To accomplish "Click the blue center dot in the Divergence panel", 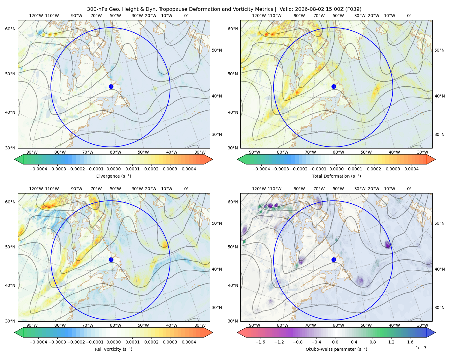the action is (x=111, y=87).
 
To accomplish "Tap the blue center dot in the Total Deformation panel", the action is (x=334, y=87).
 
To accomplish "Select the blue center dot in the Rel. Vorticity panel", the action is (x=111, y=259).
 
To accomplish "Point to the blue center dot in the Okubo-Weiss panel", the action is (x=334, y=259).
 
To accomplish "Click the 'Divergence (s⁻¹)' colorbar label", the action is (x=113, y=176).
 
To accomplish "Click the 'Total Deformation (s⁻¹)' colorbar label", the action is (x=336, y=176).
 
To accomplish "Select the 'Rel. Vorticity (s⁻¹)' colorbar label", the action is (x=113, y=349).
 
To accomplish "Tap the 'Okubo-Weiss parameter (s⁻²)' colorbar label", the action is (x=336, y=349).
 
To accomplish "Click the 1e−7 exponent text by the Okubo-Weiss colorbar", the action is (x=421, y=348).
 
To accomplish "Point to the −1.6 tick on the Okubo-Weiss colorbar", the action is (x=260, y=342).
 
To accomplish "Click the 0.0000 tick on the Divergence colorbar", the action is (x=113, y=169).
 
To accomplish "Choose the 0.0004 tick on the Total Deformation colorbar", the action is (x=411, y=169).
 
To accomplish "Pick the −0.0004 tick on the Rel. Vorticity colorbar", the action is (x=38, y=342).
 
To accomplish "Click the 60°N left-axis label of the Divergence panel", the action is (x=10, y=29).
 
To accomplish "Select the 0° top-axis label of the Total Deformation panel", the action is (x=409, y=16).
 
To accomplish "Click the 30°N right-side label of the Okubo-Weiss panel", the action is (x=439, y=307).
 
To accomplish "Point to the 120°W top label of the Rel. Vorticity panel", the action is (x=36, y=189).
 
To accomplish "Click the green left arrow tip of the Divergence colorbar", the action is (x=15, y=159).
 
